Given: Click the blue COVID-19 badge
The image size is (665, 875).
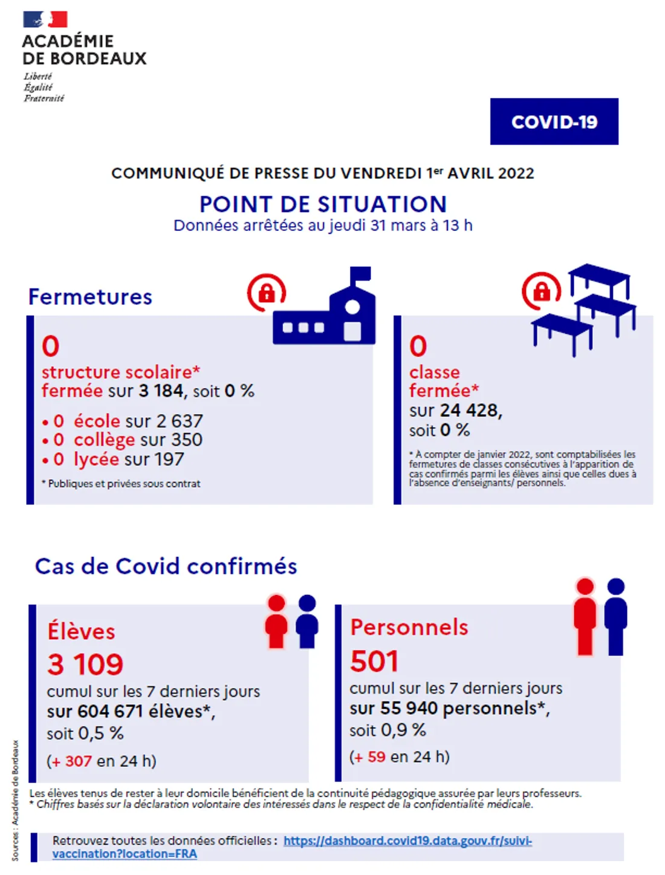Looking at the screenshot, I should [x=554, y=122].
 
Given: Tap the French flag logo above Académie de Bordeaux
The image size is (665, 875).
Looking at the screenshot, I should [x=45, y=19].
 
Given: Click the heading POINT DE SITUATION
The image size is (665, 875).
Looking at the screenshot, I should [x=323, y=204].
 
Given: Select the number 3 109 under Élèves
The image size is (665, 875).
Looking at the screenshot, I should [x=85, y=665].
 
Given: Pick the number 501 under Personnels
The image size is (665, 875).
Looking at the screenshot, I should [x=374, y=661].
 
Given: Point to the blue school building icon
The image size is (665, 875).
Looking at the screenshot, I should [x=325, y=312].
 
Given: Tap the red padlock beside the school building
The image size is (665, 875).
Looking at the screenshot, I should [x=267, y=293].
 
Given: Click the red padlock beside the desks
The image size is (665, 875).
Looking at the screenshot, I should [x=542, y=291].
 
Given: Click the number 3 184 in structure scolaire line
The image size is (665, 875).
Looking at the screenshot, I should [x=160, y=391].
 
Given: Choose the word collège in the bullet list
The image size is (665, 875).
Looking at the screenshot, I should [x=104, y=440].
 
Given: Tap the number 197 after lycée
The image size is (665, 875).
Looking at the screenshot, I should [x=169, y=460].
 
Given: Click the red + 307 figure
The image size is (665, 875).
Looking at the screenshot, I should [x=71, y=761].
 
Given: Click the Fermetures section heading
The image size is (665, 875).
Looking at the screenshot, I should [x=91, y=297].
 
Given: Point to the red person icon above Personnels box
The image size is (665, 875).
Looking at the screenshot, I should [x=585, y=616].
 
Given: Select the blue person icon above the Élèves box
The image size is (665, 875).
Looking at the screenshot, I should [x=307, y=621].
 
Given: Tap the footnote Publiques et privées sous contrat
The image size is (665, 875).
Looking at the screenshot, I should [x=123, y=484].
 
